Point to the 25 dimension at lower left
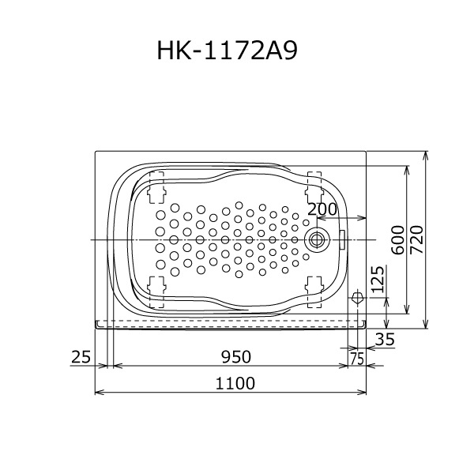pyautogui.click(x=81, y=357)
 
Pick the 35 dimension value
pyautogui.click(x=385, y=339)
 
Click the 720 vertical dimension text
pyautogui.click(x=418, y=239)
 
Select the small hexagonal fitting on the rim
pyautogui.click(x=357, y=297)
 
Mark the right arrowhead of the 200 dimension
pyautogui.click(x=363, y=219)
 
